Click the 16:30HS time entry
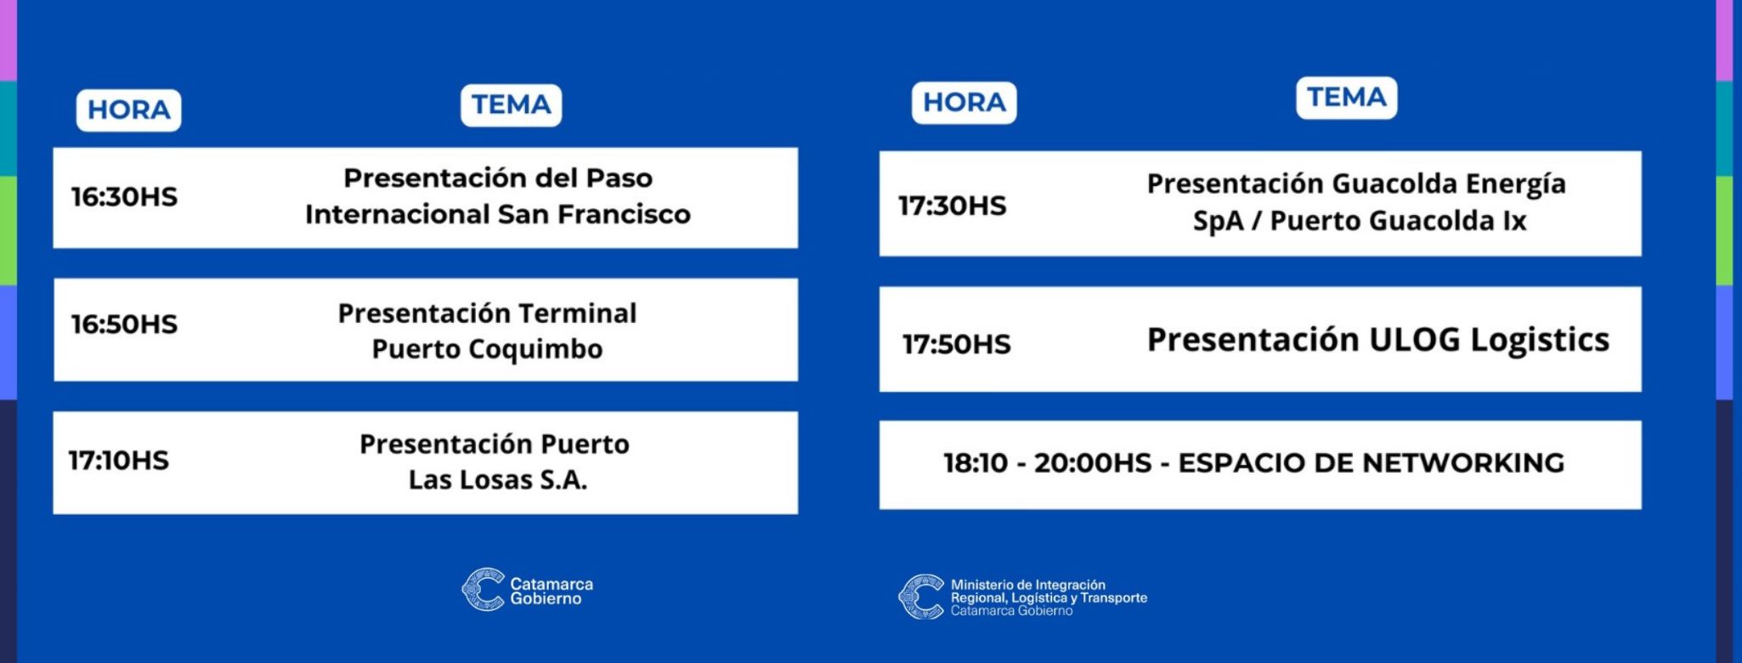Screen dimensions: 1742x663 (124, 197)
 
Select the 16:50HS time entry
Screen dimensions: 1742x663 (124, 324)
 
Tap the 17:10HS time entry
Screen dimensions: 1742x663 (119, 461)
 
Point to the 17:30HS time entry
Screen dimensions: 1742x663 (953, 206)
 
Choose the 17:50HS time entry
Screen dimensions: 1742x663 (957, 344)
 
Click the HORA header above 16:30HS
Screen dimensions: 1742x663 (129, 110)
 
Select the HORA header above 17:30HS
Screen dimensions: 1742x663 (964, 103)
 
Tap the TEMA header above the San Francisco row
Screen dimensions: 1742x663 (512, 105)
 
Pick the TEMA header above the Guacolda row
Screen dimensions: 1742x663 (1347, 98)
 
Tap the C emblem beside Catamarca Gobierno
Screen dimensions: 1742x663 (483, 589)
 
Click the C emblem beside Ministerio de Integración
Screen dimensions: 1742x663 (921, 597)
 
